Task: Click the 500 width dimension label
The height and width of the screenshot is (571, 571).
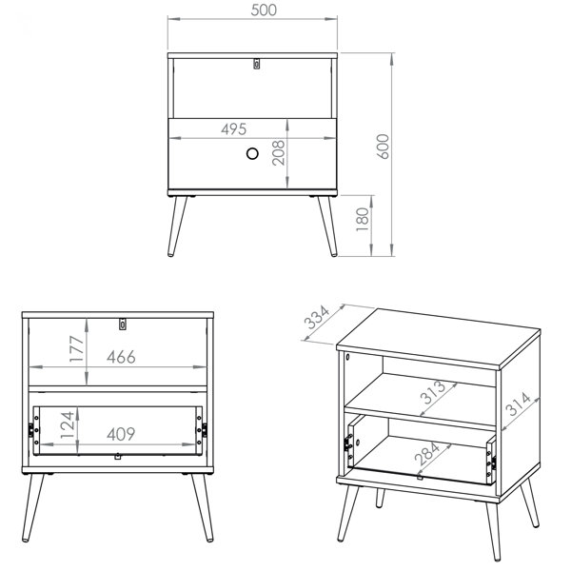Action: click(x=264, y=10)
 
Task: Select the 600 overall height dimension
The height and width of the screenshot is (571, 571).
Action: click(x=383, y=147)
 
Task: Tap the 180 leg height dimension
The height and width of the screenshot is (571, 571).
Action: click(x=363, y=219)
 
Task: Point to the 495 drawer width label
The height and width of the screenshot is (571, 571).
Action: click(x=233, y=128)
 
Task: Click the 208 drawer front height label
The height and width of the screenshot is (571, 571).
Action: click(x=279, y=152)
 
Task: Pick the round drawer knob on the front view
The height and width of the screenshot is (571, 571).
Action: click(x=252, y=153)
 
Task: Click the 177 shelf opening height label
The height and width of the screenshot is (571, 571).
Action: click(x=77, y=349)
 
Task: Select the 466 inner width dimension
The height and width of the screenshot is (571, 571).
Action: click(x=121, y=357)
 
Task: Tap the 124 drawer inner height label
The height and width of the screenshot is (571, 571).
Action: click(x=68, y=424)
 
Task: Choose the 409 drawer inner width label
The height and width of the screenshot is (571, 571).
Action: click(x=121, y=434)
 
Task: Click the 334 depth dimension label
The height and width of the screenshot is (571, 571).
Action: click(x=317, y=317)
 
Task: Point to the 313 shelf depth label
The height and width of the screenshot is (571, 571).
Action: click(x=433, y=392)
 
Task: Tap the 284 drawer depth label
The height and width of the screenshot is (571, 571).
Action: click(x=427, y=453)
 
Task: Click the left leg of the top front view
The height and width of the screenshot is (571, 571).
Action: click(x=177, y=226)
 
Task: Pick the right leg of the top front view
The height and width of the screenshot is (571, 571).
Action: click(x=327, y=226)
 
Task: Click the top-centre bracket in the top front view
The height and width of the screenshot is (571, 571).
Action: click(x=257, y=64)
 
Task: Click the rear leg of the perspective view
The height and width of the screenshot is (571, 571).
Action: click(x=380, y=498)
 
